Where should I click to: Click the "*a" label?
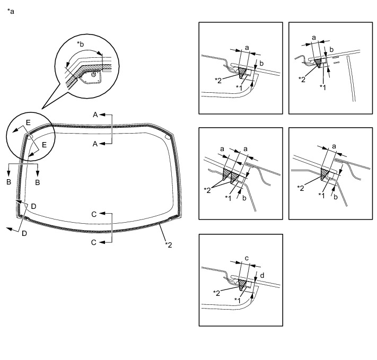(x=11, y=11)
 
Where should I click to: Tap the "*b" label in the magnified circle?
(x=80, y=44)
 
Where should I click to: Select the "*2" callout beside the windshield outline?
(x=169, y=245)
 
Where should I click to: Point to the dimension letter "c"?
(x=247, y=258)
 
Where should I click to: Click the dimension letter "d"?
(x=262, y=275)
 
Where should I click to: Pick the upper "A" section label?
(x=95, y=115)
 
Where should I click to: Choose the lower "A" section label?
(x=95, y=144)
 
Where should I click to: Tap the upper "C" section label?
(x=94, y=214)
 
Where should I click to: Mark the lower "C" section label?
(x=94, y=242)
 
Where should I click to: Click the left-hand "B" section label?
(x=8, y=182)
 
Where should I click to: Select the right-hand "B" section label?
(x=38, y=182)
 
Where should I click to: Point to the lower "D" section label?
(x=24, y=233)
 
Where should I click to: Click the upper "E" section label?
(x=28, y=122)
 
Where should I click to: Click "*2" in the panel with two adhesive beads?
(x=207, y=190)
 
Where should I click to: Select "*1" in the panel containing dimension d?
(x=238, y=301)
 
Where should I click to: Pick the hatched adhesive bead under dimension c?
(x=242, y=285)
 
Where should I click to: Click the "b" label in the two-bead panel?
(x=244, y=198)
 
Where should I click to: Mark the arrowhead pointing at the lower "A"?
(x=102, y=144)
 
